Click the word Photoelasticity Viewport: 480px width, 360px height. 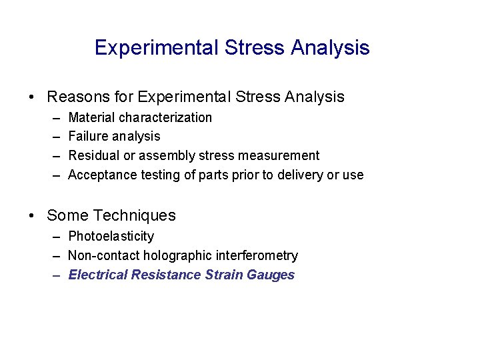pos(111,237)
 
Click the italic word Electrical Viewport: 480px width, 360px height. pos(98,275)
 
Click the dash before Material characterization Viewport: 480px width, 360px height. pos(54,118)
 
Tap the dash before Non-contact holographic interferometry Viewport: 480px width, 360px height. pos(54,256)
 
